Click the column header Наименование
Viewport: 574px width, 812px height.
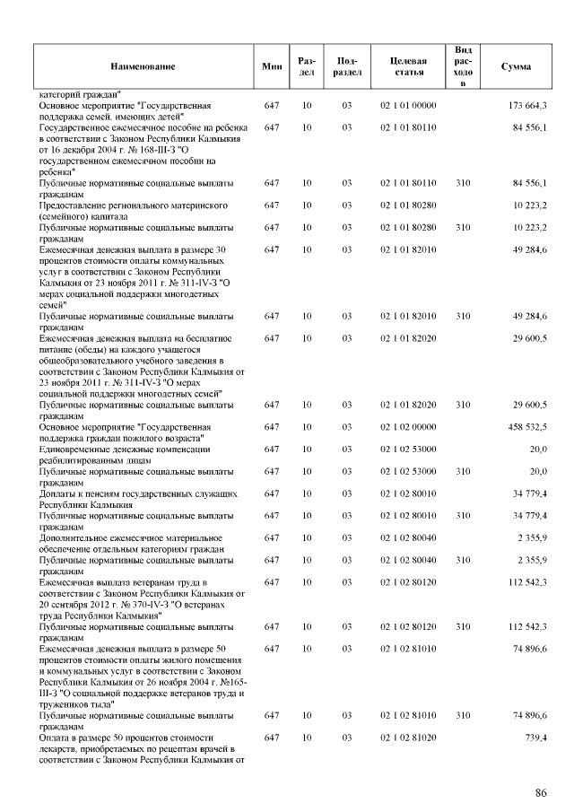143,67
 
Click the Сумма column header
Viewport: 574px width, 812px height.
515,67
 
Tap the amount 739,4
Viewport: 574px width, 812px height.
536,736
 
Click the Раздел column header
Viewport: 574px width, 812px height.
306,67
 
